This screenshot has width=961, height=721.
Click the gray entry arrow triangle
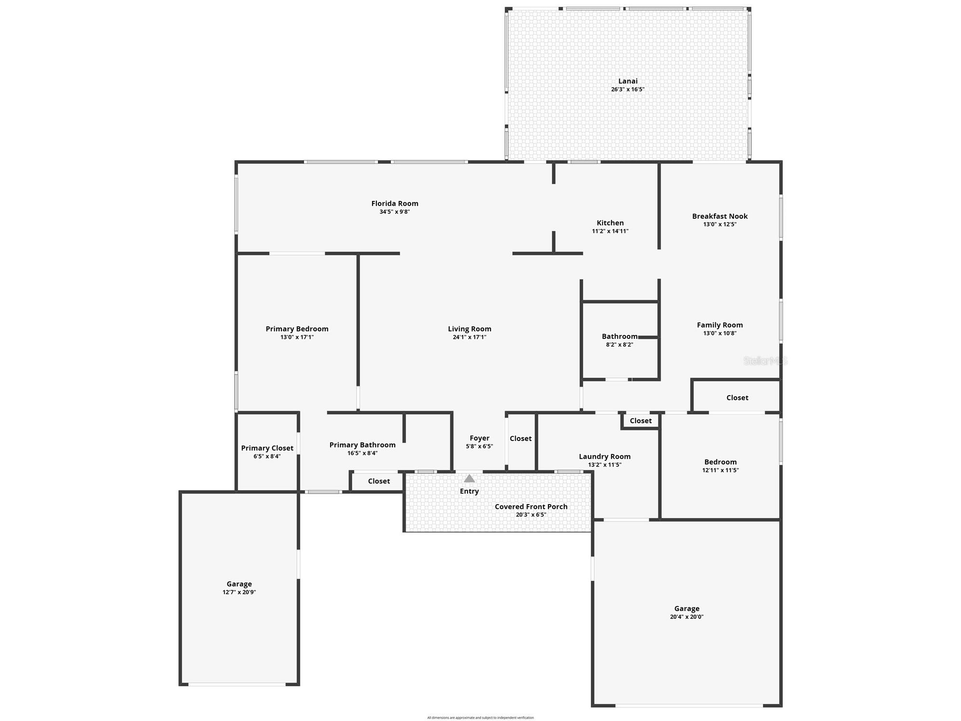click(x=469, y=479)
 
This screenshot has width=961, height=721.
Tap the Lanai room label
click(x=627, y=81)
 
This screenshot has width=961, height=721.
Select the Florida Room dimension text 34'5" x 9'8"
click(x=394, y=212)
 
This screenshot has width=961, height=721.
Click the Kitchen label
click(x=610, y=223)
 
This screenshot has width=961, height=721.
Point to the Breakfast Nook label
click(x=720, y=216)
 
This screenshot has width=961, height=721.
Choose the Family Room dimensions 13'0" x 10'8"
click(x=720, y=333)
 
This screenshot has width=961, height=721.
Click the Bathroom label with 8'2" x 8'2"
click(x=619, y=336)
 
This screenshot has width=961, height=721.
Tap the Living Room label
click(x=469, y=329)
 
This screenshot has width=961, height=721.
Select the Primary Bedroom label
click(x=297, y=329)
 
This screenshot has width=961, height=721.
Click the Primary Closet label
click(x=267, y=448)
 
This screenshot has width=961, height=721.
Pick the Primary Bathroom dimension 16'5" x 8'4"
click(x=362, y=453)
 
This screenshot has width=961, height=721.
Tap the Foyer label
click(x=479, y=438)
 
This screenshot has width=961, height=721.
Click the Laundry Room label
click(x=604, y=456)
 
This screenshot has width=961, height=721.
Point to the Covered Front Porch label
click(x=531, y=507)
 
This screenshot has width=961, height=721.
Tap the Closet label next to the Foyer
click(x=521, y=438)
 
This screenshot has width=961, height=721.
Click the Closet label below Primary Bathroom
click(x=379, y=481)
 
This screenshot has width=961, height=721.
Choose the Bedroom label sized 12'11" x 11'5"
click(x=720, y=462)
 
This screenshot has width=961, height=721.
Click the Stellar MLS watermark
click(x=765, y=360)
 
